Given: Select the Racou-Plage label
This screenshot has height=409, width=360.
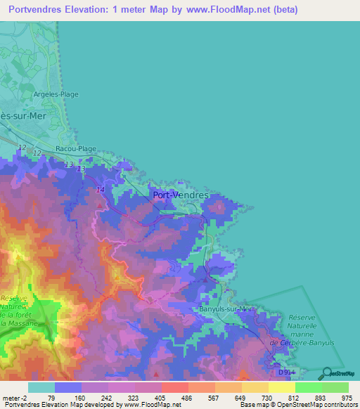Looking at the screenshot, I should [75, 150].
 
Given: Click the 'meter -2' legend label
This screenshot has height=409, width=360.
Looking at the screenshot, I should [14, 397].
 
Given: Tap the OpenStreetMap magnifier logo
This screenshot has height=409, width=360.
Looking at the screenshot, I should [326, 374].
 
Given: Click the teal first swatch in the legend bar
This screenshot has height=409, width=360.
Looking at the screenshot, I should [41, 387].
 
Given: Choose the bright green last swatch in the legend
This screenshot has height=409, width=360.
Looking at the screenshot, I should [335, 387].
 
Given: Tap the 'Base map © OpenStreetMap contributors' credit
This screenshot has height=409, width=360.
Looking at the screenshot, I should [298, 405].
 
